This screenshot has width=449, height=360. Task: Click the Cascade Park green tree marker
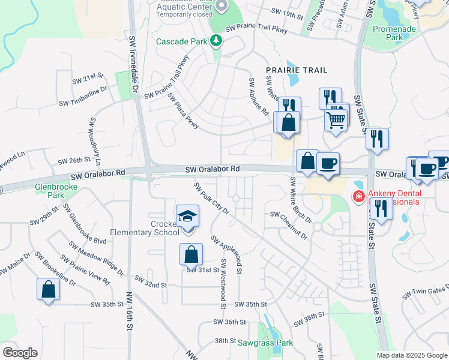[216, 41]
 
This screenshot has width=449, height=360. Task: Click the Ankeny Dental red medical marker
[358, 196]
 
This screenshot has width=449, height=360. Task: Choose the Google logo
[19, 353]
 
